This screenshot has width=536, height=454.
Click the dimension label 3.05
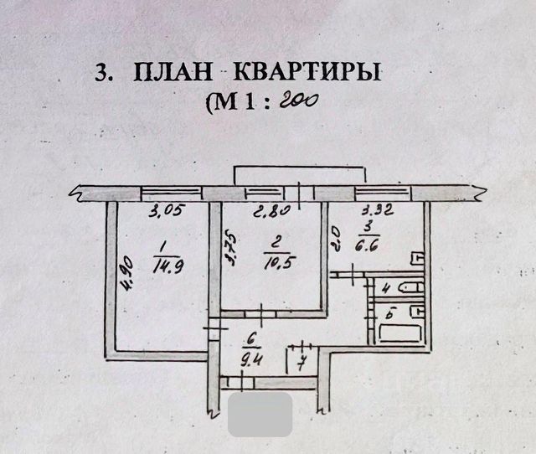(165, 211)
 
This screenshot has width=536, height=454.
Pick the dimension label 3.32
(375, 211)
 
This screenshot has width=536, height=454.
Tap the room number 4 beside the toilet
(384, 290)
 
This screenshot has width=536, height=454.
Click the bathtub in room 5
(401, 332)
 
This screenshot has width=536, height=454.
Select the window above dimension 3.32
(384, 193)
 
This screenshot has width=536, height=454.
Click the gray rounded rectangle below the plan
(260, 415)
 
